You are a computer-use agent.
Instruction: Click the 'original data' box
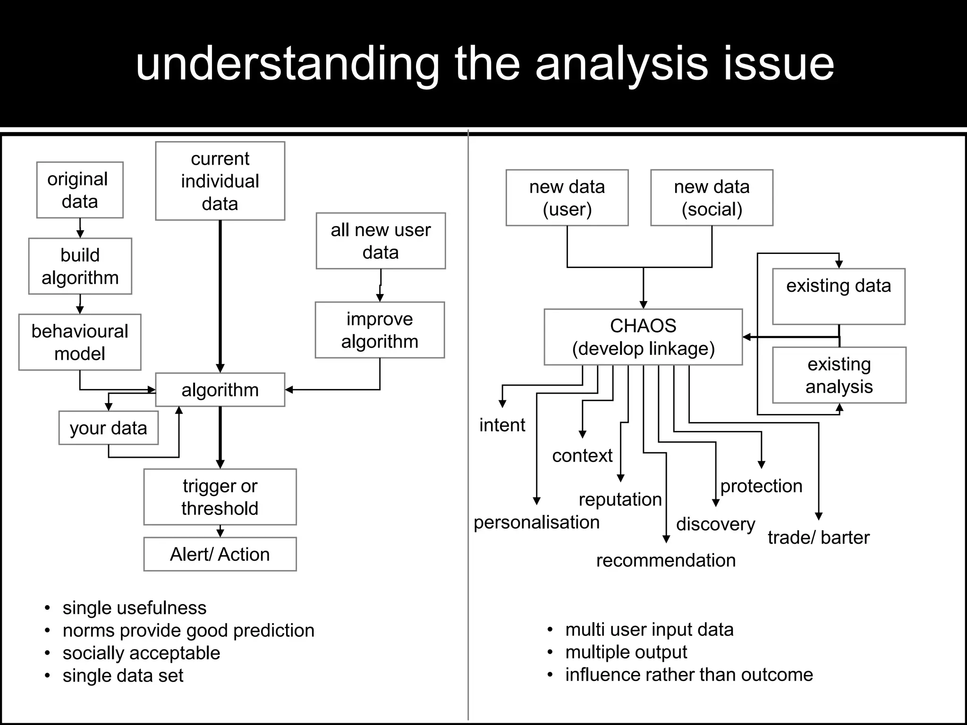point(80,190)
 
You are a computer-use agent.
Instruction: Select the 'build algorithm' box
point(80,266)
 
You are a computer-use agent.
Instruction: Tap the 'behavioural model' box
point(80,342)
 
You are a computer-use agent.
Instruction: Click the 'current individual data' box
point(220,181)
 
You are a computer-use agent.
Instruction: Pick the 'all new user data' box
point(381,241)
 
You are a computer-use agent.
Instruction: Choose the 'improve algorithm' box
point(380,330)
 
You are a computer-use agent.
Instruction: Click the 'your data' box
point(108,428)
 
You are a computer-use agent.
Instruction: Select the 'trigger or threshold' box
point(220,497)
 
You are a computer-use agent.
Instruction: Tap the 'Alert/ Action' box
point(220,554)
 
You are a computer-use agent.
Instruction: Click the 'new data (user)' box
point(567,198)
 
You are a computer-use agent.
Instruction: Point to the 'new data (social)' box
point(712,198)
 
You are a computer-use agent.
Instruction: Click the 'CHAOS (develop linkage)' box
point(643,337)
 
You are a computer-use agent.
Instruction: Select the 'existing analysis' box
point(839,375)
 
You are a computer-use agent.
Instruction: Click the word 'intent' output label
point(502,425)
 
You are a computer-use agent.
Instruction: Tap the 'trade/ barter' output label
point(818,537)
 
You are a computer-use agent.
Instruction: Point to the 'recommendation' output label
point(666,560)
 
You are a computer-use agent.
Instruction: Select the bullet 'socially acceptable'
point(141,653)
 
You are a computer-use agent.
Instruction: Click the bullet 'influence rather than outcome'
point(689,674)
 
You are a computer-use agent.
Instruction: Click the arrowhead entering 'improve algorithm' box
point(380,298)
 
